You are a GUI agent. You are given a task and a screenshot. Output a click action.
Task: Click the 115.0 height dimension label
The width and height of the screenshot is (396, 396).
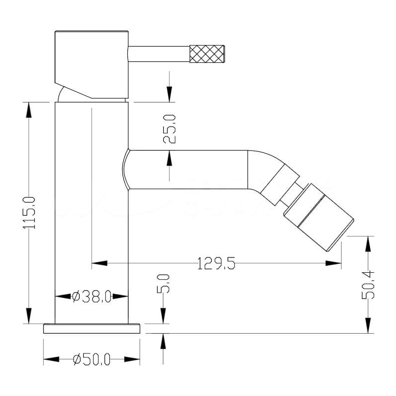[29, 213]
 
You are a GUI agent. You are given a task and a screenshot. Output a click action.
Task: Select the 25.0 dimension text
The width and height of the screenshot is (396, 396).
[169, 129]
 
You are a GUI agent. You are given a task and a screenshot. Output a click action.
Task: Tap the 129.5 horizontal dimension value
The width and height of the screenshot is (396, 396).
[216, 263]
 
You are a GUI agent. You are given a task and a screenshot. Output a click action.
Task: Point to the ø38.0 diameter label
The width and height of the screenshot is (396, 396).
[92, 296]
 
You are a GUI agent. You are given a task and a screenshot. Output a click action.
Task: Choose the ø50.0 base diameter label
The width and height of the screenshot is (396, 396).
[92, 359]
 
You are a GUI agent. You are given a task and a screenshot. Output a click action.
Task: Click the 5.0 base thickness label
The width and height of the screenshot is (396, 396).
[163, 284]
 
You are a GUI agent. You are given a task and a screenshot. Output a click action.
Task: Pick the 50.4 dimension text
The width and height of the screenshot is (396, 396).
[368, 285]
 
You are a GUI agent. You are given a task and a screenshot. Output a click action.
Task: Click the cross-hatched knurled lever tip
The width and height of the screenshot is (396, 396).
[207, 53]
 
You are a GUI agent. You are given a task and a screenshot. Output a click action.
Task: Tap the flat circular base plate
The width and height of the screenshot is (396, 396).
[92, 328]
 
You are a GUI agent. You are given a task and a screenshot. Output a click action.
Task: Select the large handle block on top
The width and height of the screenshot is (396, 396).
[92, 65]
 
